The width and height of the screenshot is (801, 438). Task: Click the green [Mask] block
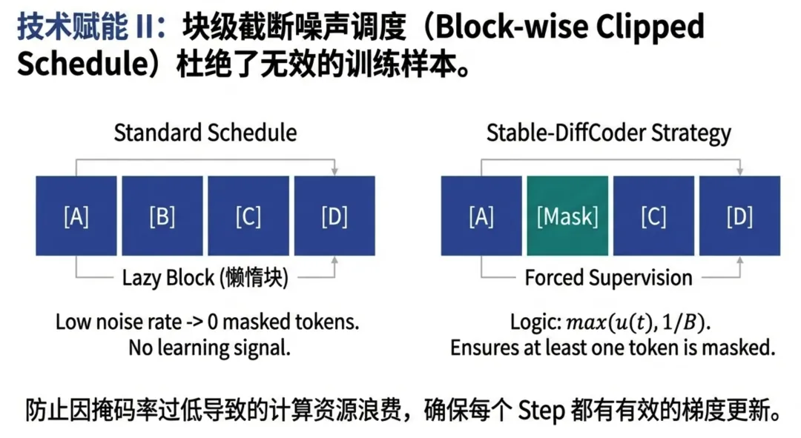pyautogui.click(x=567, y=216)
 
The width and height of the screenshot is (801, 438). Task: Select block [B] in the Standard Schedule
pyautogui.click(x=162, y=216)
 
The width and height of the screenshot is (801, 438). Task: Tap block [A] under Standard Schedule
pyautogui.click(x=76, y=216)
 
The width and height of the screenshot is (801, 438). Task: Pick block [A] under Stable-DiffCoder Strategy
pyautogui.click(x=481, y=216)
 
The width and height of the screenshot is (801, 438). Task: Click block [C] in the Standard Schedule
pyautogui.click(x=248, y=216)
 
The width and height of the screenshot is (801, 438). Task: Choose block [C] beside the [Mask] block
pyautogui.click(x=653, y=216)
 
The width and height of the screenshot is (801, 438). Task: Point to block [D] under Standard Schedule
pyautogui.click(x=334, y=216)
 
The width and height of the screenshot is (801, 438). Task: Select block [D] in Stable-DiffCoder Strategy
pyautogui.click(x=739, y=216)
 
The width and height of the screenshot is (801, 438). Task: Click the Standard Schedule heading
pyautogui.click(x=205, y=133)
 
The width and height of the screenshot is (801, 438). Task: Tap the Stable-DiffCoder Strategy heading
pyautogui.click(x=608, y=133)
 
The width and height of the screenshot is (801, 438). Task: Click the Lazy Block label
pyautogui.click(x=205, y=278)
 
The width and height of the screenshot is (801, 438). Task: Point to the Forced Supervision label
pyautogui.click(x=608, y=278)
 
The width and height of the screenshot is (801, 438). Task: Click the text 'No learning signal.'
pyautogui.click(x=209, y=347)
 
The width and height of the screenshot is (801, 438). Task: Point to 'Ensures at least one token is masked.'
pyautogui.click(x=613, y=347)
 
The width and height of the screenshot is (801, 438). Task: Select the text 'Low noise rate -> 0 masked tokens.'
pyautogui.click(x=208, y=323)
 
